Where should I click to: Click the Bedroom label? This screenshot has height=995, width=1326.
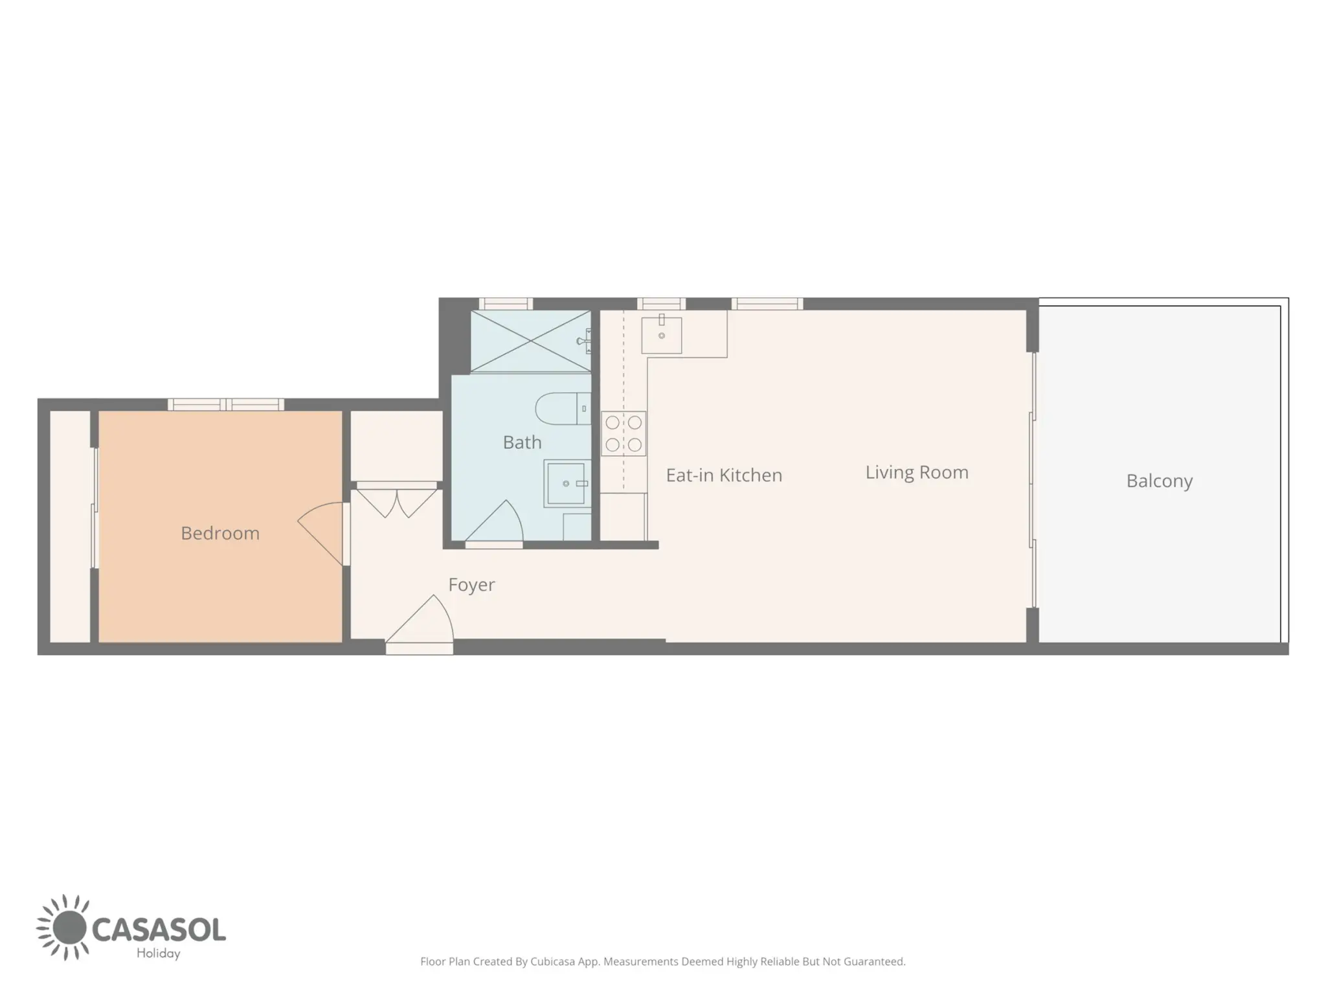pos(220,533)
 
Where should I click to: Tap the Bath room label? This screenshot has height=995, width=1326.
pos(522,442)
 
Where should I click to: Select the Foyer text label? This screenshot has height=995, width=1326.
pos(471,585)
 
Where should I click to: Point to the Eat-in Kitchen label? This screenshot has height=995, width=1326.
pos(724,475)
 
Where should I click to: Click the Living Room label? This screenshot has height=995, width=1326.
pos(917,473)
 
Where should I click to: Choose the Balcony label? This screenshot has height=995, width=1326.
pos(1159,481)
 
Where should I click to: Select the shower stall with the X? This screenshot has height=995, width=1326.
pos(530,341)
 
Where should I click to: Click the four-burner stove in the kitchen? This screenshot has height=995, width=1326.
pos(624,433)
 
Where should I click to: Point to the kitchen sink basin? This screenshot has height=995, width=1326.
pos(661,335)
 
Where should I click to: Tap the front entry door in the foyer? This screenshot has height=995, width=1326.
pos(420,622)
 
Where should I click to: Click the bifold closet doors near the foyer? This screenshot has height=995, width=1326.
pos(397,503)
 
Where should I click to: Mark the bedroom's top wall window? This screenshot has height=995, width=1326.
pos(226,405)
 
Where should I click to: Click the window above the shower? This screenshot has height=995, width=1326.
pos(506,304)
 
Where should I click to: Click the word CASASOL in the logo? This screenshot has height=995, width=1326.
pos(159,930)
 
